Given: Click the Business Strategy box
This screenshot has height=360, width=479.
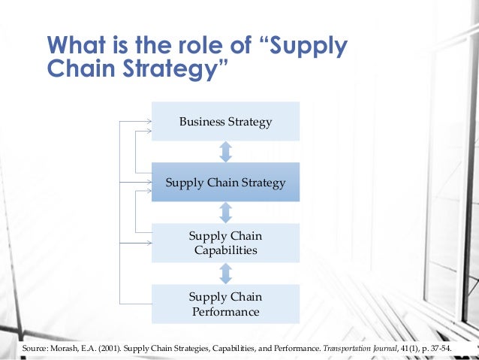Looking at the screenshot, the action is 225,121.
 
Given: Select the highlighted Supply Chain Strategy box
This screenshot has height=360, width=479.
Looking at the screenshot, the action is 225,182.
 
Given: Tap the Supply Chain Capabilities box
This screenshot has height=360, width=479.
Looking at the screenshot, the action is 225,243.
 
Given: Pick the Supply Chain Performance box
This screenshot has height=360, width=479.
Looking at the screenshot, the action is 225,304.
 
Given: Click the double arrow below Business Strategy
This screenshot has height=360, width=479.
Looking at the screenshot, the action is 225,151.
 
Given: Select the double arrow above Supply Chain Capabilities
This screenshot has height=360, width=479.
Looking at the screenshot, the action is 225,212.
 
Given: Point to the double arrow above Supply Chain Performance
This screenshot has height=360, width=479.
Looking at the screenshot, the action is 225,273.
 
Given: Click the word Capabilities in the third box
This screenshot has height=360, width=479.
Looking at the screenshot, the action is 224,250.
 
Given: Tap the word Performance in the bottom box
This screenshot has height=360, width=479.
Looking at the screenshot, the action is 224,311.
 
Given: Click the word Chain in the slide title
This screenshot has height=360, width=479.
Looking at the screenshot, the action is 75,71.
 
